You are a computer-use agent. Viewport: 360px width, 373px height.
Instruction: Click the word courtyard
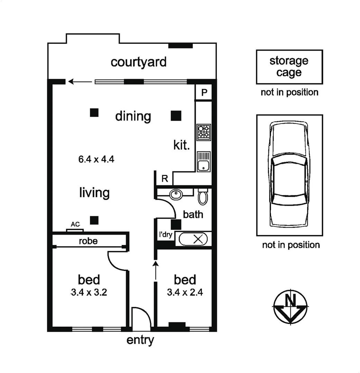138,62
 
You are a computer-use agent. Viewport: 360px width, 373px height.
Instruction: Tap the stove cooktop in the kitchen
203,132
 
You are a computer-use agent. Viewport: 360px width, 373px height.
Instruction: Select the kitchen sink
203,162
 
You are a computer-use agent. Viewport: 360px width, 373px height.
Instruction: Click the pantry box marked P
204,93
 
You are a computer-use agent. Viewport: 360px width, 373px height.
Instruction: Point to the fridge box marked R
165,179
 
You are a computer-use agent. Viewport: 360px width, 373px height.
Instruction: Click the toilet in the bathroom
202,197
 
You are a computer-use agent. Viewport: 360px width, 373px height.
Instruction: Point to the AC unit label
75,224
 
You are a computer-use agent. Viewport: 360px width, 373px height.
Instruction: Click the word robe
88,241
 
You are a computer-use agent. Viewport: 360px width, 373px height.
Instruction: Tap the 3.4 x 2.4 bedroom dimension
185,293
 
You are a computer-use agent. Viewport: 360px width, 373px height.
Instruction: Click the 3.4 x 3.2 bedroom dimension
89,293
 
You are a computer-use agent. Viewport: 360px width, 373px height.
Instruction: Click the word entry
140,340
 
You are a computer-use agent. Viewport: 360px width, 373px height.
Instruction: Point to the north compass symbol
290,305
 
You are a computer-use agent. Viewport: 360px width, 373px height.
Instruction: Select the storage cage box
289,67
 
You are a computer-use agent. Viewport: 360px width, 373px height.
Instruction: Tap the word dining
133,116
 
